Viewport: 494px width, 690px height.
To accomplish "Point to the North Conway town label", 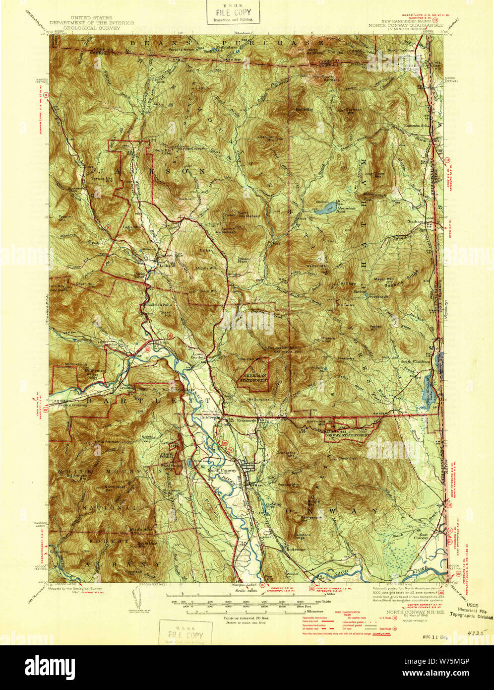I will (223, 470).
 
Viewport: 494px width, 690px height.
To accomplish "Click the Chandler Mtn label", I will (267, 137).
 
